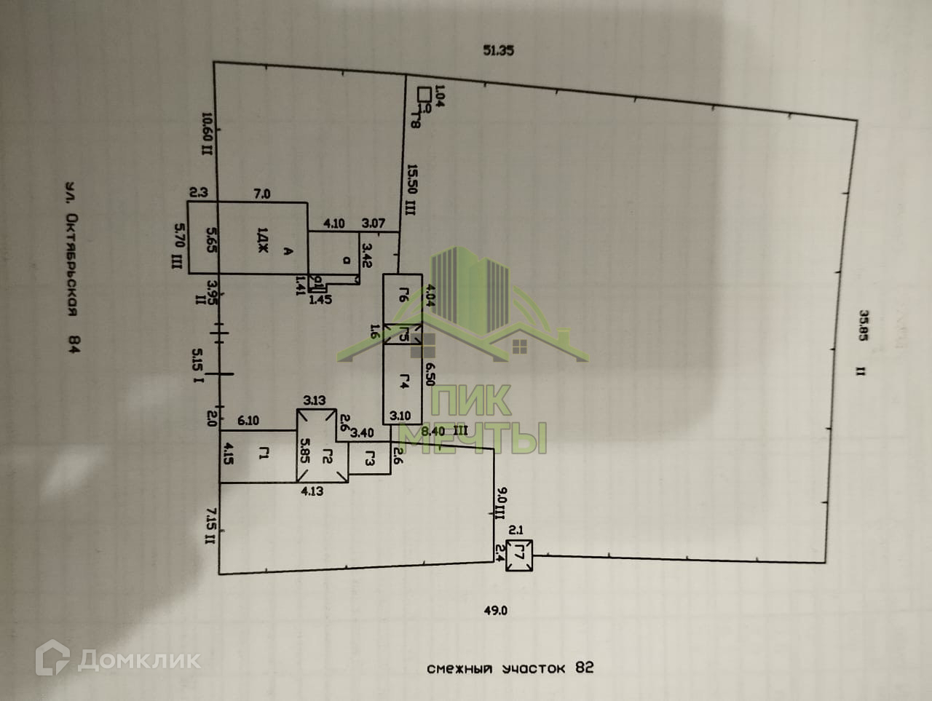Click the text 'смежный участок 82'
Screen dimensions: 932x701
[510, 668]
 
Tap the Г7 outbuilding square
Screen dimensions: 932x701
[520, 555]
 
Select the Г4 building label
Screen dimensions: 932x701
[404, 380]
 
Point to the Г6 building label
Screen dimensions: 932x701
[404, 295]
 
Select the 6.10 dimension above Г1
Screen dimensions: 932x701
[248, 421]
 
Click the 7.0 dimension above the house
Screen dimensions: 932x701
[261, 194]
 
